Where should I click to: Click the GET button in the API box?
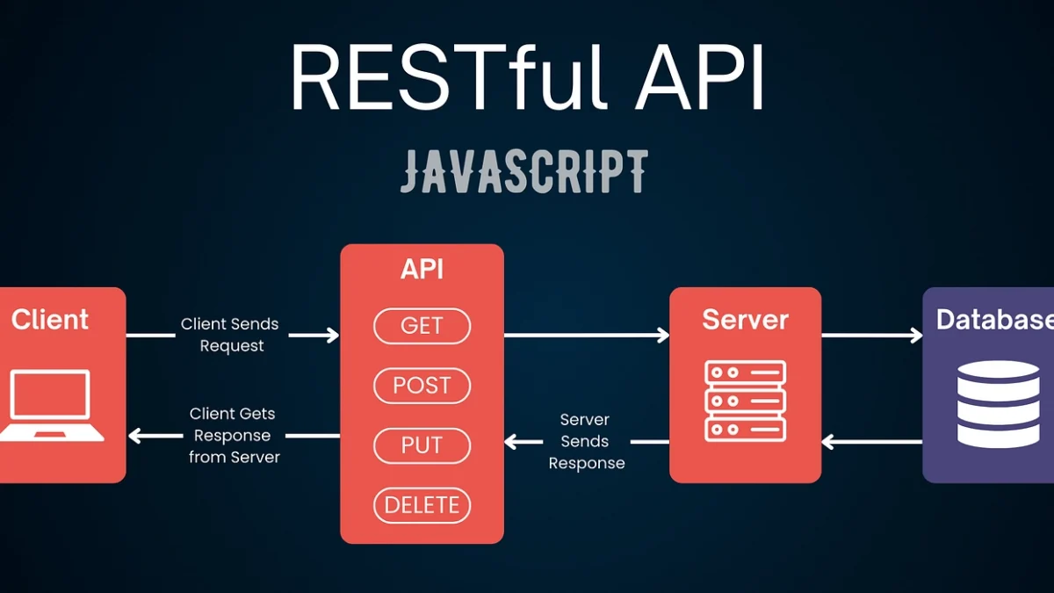click(422, 326)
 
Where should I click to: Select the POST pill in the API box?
click(422, 386)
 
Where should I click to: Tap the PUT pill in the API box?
click(422, 445)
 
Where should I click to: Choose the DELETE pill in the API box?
click(422, 505)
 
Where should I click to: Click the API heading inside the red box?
click(422, 269)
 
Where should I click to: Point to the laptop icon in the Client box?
click(51, 405)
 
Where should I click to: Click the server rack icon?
click(746, 401)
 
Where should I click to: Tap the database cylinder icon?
click(998, 404)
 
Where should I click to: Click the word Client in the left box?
click(49, 320)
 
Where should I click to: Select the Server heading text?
click(746, 320)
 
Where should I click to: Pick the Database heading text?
click(994, 320)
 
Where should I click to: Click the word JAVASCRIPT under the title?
click(524, 171)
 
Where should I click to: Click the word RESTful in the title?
click(447, 77)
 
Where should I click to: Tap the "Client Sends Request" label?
click(230, 335)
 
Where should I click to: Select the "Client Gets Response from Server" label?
click(233, 436)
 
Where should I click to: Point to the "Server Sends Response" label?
click(587, 441)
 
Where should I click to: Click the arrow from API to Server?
click(587, 335)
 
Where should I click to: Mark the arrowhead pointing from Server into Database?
click(917, 335)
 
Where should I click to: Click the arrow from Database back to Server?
click(872, 442)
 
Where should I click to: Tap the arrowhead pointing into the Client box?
click(134, 436)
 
